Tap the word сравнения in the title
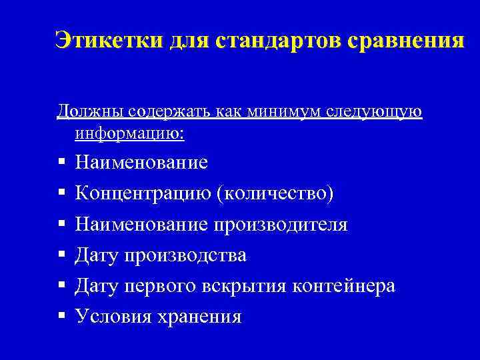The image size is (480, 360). tap(405, 40)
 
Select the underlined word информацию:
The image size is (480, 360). tap(130, 133)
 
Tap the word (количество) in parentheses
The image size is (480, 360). tap(275, 193)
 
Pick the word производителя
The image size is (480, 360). tap(281, 225)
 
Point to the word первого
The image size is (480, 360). tap(163, 286)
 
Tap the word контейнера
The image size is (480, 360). tap(346, 286)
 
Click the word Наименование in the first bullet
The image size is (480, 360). tap(141, 163)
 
